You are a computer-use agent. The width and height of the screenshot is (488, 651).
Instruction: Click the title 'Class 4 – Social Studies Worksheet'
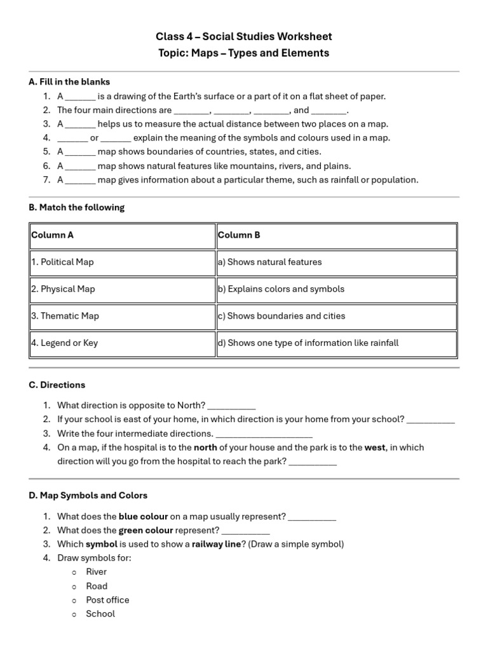244,37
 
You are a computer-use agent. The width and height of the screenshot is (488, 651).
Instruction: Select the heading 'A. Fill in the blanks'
69,82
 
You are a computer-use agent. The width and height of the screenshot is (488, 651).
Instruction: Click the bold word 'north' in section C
205,448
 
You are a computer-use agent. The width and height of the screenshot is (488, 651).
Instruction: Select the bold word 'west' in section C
374,448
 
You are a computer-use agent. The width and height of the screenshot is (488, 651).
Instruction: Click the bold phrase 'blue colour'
143,517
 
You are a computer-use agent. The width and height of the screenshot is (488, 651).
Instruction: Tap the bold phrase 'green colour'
146,530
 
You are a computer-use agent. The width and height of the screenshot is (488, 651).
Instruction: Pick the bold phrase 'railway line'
216,544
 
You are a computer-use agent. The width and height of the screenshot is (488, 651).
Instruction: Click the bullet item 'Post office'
107,600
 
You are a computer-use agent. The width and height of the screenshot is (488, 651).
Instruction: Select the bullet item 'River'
97,572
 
